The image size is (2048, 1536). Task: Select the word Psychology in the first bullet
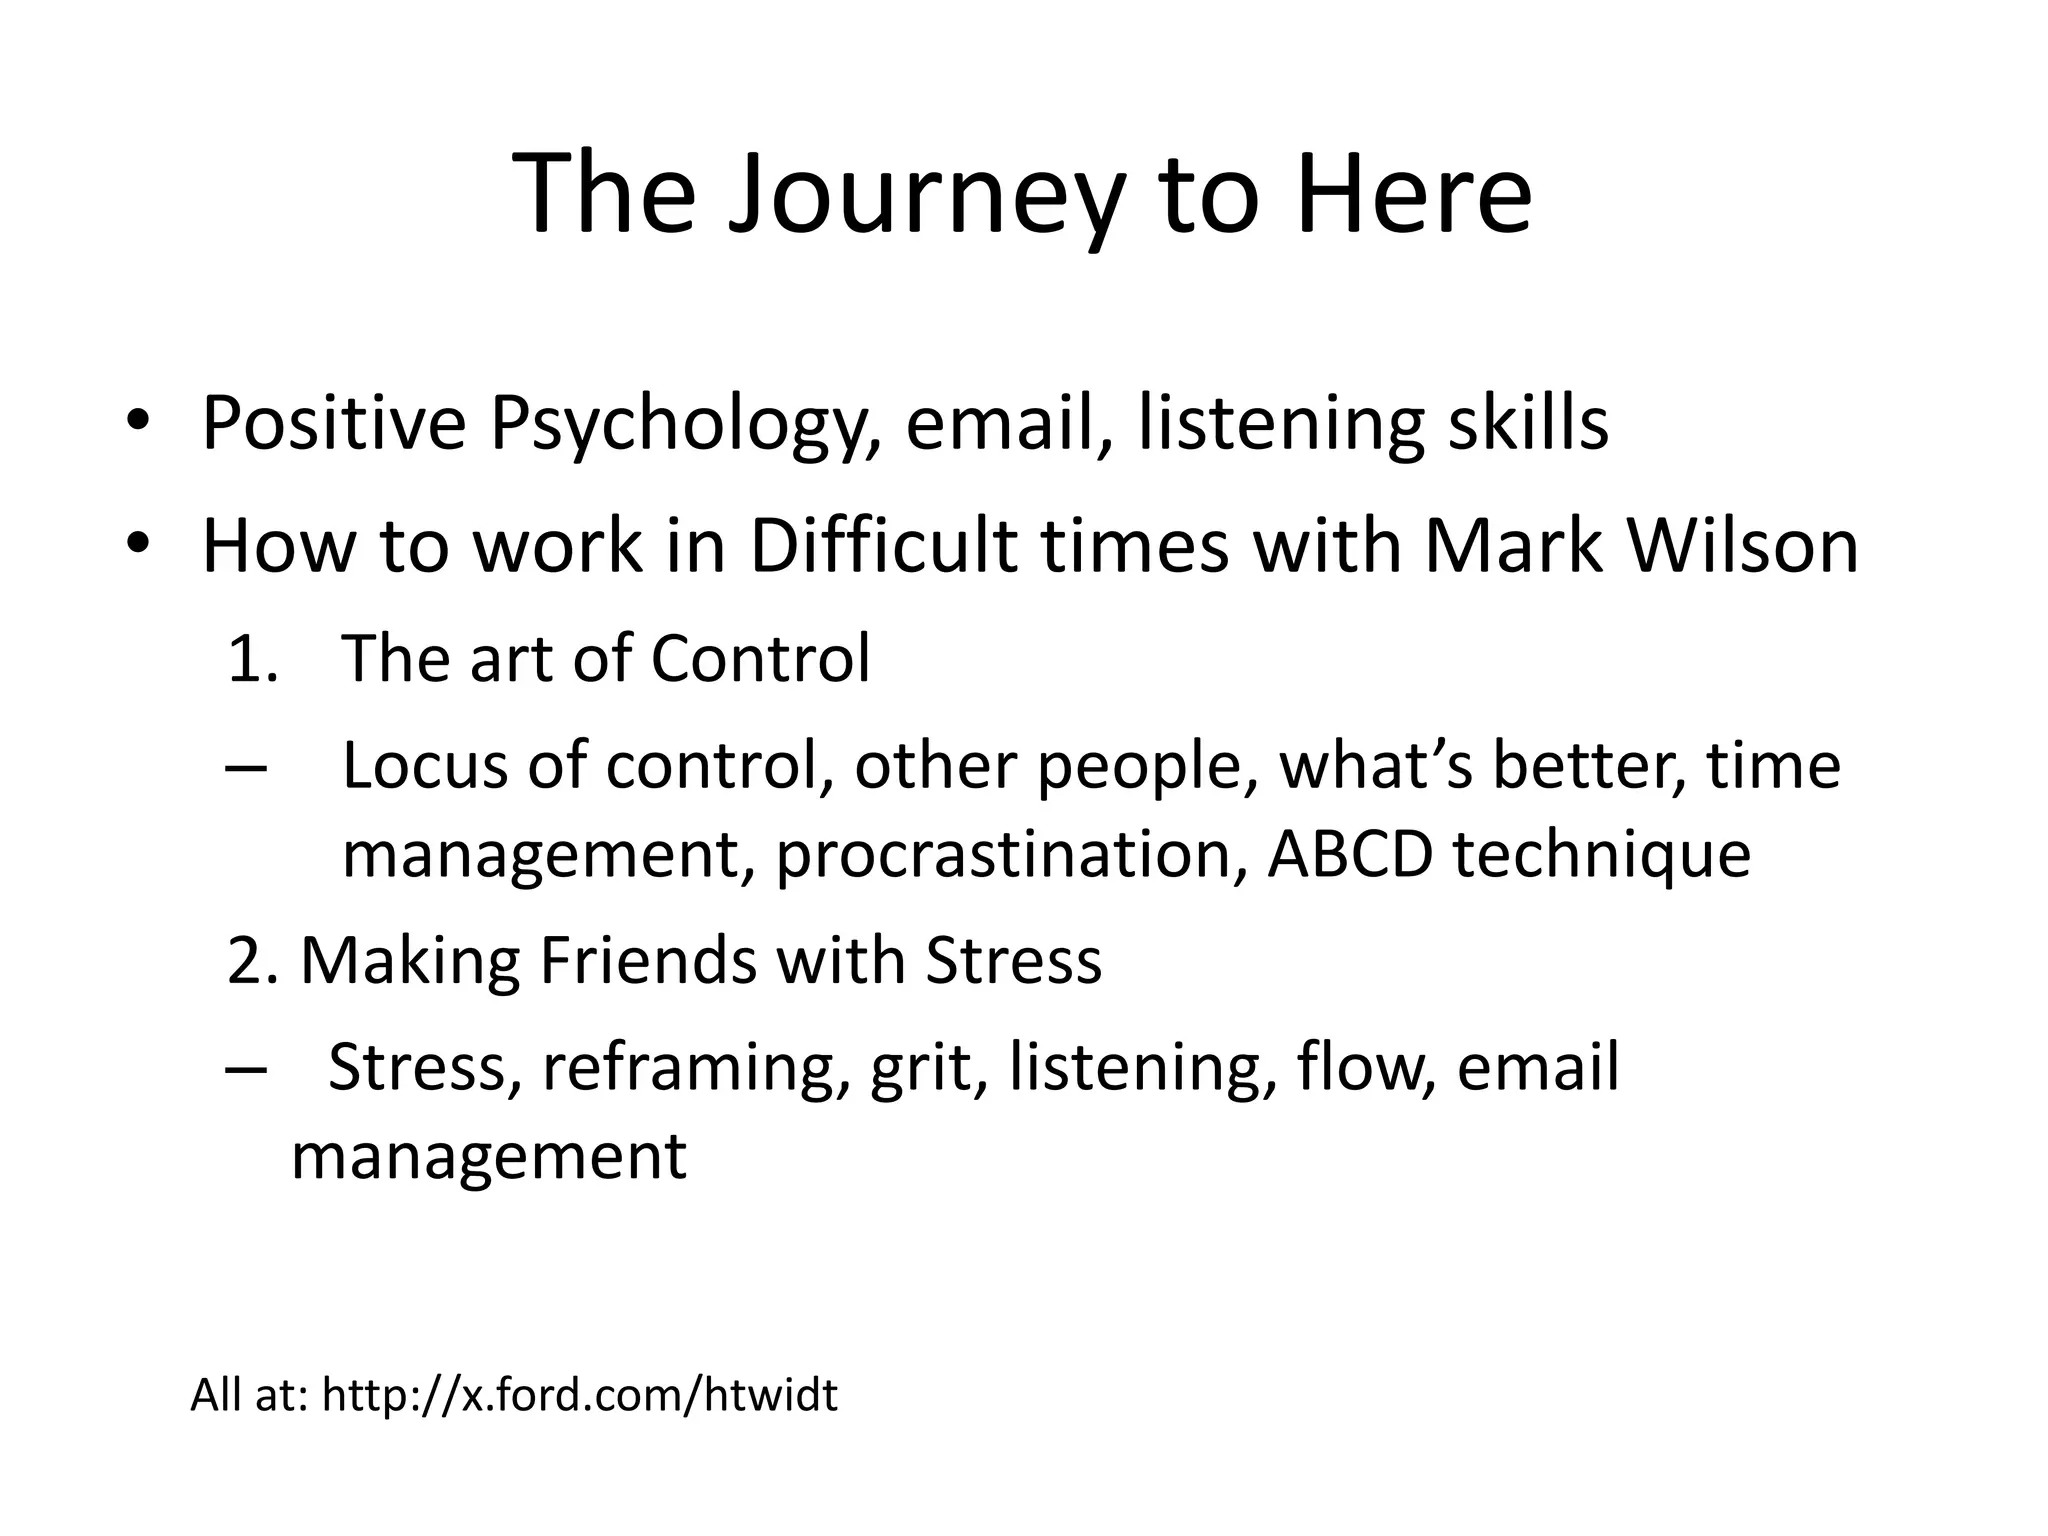[x=684, y=425]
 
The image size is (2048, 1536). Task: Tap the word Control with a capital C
[x=760, y=660]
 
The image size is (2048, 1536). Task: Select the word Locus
[x=424, y=767]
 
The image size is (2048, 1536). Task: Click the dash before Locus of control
[x=246, y=768]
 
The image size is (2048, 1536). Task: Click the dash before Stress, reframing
[x=246, y=1068]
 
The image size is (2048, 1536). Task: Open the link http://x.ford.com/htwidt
[x=579, y=1395]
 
